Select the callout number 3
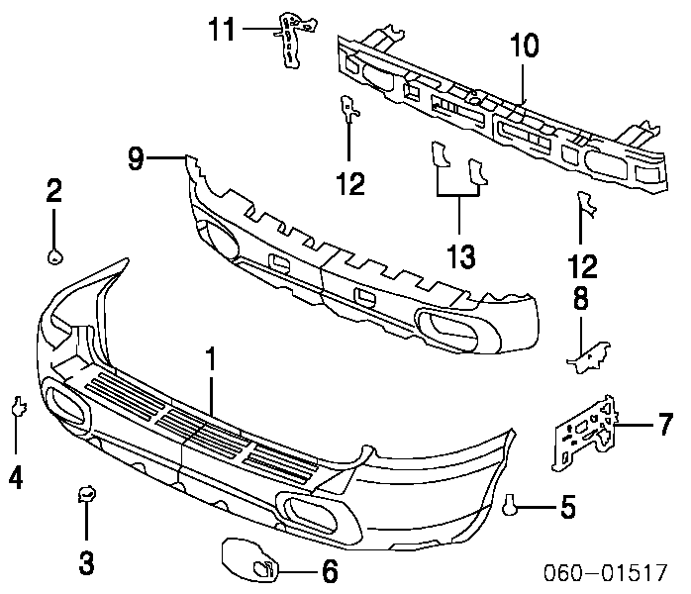pyautogui.click(x=86, y=563)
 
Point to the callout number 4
pyautogui.click(x=16, y=479)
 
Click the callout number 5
pyautogui.click(x=566, y=509)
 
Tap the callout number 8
pyautogui.click(x=580, y=298)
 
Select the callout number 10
pyautogui.click(x=524, y=46)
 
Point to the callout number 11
pyautogui.click(x=221, y=30)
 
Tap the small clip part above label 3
pyautogui.click(x=86, y=494)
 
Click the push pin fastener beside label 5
pyautogui.click(x=511, y=507)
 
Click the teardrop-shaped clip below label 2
pyautogui.click(x=54, y=257)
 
